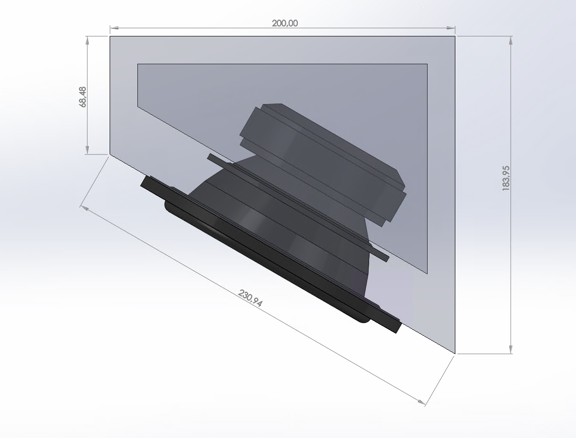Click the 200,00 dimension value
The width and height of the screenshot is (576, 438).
point(284,23)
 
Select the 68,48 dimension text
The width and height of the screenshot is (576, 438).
point(83,97)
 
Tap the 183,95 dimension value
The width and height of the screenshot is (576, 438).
point(506,178)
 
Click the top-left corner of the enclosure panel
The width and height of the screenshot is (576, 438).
point(110,36)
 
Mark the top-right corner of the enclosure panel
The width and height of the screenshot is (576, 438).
point(454,36)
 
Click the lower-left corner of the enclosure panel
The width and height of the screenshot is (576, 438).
point(110,154)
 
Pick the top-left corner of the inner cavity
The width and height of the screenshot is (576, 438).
point(138,64)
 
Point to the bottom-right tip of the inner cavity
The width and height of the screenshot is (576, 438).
point(426,273)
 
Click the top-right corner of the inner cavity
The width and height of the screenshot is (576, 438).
point(427,64)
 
